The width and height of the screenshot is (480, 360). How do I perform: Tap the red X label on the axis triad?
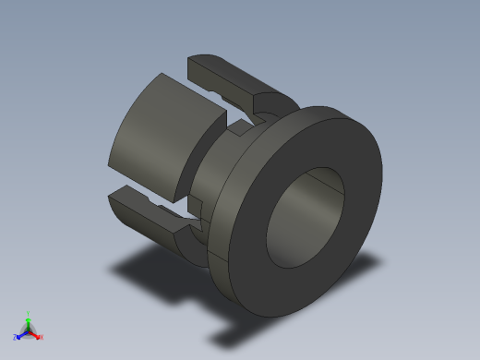click(42, 337)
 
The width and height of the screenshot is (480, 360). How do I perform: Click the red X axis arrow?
click(36, 334)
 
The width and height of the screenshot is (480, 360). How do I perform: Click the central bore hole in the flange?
click(305, 217)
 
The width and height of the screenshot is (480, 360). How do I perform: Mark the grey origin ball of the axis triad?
click(29, 330)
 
